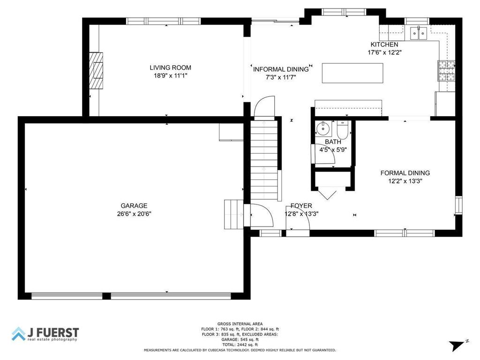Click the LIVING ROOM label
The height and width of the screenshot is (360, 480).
pos(170,67)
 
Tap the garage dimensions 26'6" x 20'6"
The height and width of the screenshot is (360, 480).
pos(134,213)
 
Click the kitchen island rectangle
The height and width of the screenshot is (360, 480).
pos(352,73)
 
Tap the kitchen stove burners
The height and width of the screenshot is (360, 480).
pos(446,71)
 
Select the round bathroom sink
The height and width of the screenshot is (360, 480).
pos(323,127)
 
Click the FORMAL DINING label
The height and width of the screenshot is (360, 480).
pos(405,173)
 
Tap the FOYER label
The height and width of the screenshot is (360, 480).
pos(301,206)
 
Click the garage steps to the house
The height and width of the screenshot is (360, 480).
pos(234,213)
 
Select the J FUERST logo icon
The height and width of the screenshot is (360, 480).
pos(19,334)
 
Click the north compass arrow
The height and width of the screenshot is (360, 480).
pos(456,346)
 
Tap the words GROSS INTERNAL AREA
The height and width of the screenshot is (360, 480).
pos(240,323)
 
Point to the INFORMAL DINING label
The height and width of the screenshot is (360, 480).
pos(281,69)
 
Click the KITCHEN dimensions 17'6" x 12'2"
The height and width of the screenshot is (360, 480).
pos(384,52)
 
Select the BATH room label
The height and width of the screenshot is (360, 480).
pos(333,142)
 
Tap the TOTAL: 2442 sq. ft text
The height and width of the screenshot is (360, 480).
pos(240,345)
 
